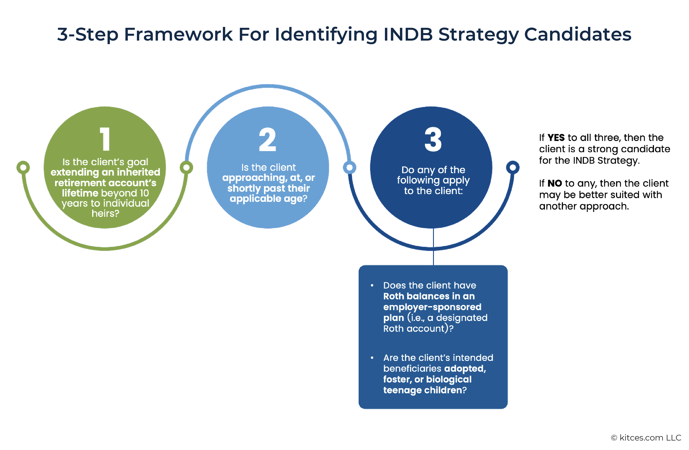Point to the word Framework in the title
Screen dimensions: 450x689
tap(178, 34)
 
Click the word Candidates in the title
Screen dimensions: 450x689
tap(577, 34)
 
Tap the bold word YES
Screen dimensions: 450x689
tap(556, 138)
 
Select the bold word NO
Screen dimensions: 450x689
tap(555, 183)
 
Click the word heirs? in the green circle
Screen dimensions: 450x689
tap(105, 213)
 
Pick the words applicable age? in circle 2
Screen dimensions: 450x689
tap(268, 199)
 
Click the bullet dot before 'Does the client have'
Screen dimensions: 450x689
tap(372, 285)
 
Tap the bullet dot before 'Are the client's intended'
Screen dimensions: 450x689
tap(372, 358)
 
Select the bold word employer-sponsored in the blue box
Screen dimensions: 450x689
tap(432, 307)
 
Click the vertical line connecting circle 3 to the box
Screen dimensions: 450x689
tap(433, 255)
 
